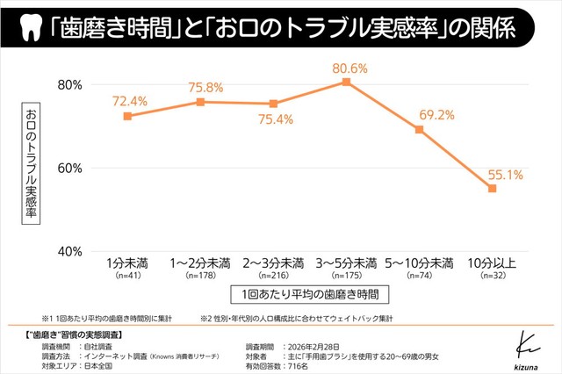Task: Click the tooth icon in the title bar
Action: [28, 29]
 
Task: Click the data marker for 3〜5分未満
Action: [346, 82]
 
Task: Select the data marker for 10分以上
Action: [493, 188]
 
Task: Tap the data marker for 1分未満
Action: [127, 116]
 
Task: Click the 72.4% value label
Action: [129, 101]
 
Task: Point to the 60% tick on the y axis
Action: [69, 168]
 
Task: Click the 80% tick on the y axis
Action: [69, 84]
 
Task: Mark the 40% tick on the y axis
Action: [69, 250]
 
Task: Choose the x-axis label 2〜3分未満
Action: [273, 263]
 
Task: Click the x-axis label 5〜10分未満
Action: [419, 263]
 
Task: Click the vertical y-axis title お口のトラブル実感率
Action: [32, 167]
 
